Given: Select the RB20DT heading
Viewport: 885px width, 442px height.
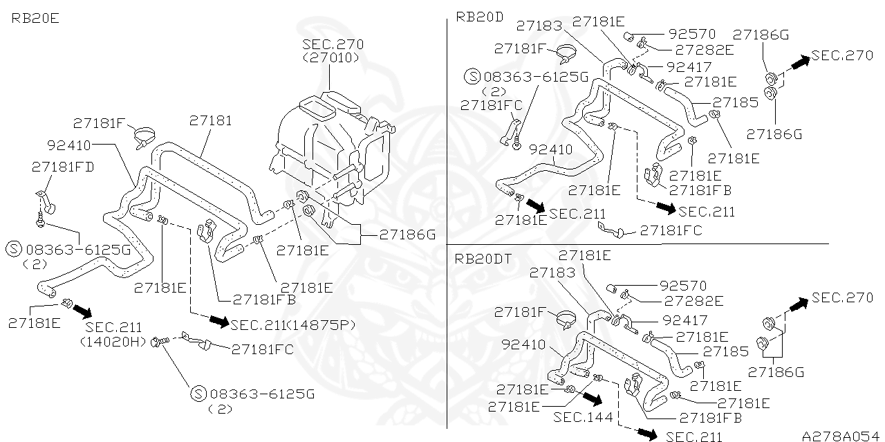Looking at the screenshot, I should [483, 259].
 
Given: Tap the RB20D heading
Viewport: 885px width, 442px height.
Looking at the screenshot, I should [479, 17].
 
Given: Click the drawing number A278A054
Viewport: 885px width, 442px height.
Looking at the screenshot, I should [840, 436].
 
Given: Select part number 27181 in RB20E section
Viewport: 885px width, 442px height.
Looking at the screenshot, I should [210, 121].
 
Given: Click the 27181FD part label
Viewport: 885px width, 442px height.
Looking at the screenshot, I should [63, 167].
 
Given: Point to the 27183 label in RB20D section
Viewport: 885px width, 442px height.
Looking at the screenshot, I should [539, 26].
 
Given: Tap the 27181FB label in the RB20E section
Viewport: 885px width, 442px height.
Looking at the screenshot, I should [264, 300].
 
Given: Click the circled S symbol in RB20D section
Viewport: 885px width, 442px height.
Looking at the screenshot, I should [472, 75].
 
